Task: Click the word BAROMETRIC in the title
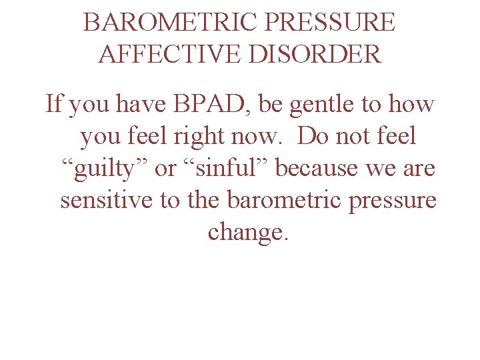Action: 170,23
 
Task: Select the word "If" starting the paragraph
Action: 53,105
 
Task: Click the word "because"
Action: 318,169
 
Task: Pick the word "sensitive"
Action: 107,201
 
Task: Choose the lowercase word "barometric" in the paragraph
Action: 271,201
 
